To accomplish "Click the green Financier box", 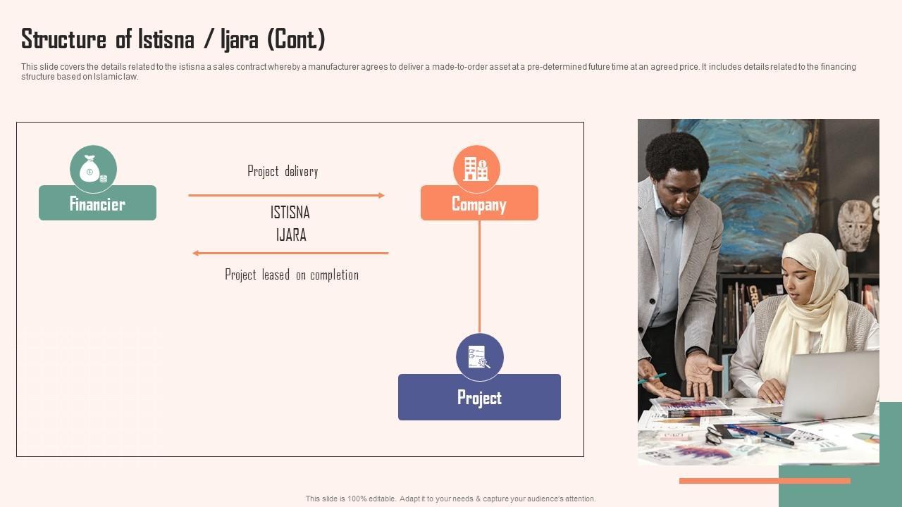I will (x=97, y=204).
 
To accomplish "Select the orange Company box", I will (x=479, y=204).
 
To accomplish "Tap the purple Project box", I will (x=479, y=397).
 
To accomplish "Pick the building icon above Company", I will (x=476, y=169).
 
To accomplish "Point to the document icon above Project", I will (x=479, y=357).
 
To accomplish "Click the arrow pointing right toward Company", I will (x=286, y=195).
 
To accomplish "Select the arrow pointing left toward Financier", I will (x=290, y=253).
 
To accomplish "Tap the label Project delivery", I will (x=283, y=171).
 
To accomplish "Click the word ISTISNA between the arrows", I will (x=290, y=213).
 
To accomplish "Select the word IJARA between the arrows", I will (x=291, y=235).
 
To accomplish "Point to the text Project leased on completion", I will (x=292, y=275).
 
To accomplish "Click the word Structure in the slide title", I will (x=63, y=39).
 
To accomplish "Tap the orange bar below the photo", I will (x=765, y=481).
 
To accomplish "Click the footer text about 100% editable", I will (x=450, y=499).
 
